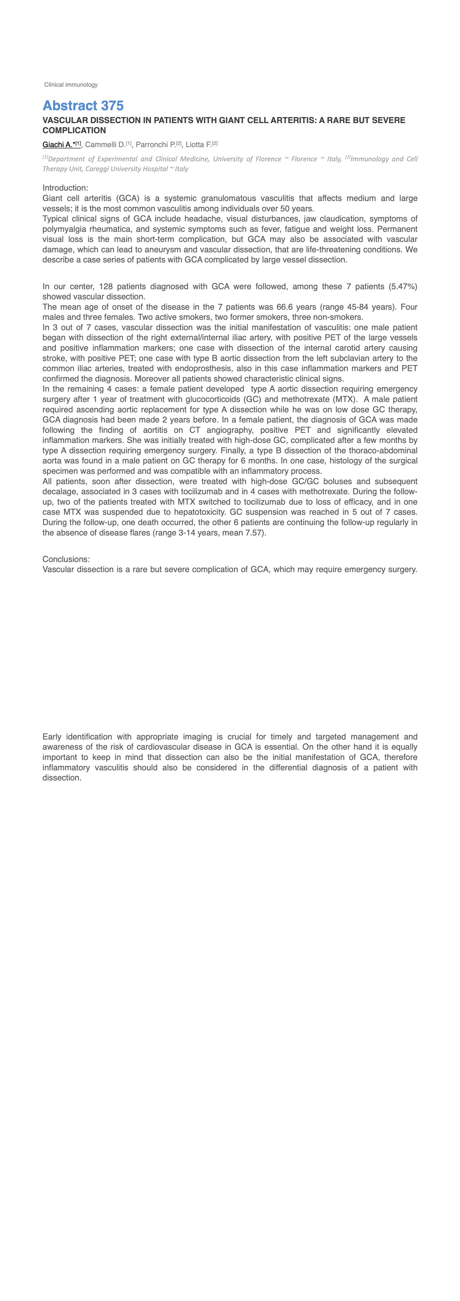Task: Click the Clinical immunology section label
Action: [x=71, y=85]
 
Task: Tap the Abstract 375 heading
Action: [x=83, y=106]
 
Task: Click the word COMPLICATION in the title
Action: [x=74, y=130]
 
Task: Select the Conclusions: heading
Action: [x=66, y=559]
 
